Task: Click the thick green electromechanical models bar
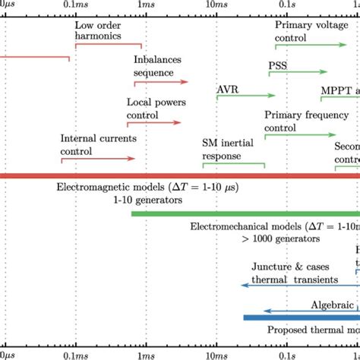243,214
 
